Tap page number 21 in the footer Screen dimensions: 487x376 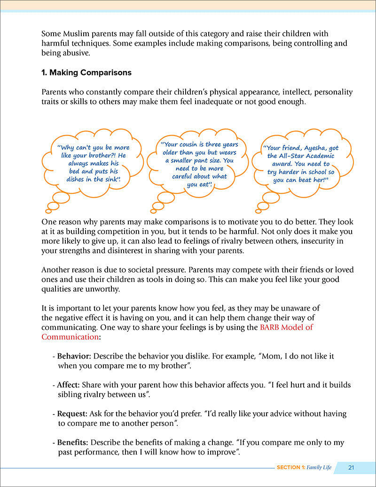pyautogui.click(x=351, y=467)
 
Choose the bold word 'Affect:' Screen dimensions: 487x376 pyautogui.click(x=69, y=385)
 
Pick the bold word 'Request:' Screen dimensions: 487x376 pyautogui.click(x=72, y=414)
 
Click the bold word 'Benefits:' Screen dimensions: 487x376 pyautogui.click(x=73, y=443)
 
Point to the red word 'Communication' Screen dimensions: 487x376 pyautogui.click(x=70, y=337)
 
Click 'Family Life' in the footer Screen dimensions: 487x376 pyautogui.click(x=319, y=467)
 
